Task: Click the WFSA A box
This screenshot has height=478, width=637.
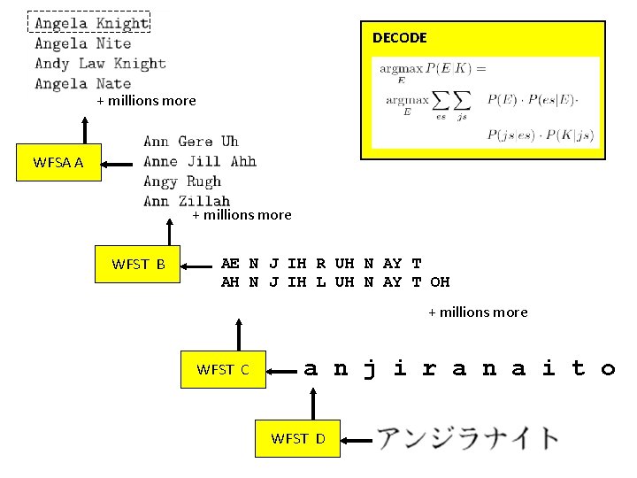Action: [58, 162]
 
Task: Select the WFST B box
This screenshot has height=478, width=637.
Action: [138, 264]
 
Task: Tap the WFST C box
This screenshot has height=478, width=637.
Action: [222, 370]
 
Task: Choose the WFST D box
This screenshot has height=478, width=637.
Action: [297, 438]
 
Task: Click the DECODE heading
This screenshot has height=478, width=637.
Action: [399, 38]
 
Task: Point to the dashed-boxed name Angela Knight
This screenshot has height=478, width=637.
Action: [90, 22]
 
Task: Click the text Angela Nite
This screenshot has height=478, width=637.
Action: [82, 43]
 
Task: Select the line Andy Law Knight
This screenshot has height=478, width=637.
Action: [100, 64]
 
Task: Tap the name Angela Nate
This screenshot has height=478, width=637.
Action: [82, 84]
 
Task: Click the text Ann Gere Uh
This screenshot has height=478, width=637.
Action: [190, 142]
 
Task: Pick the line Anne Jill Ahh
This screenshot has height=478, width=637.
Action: [199, 161]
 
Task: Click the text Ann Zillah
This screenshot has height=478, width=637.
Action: [186, 202]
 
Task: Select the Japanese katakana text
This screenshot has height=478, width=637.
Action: [468, 438]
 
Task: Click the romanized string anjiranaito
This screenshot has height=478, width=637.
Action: [458, 368]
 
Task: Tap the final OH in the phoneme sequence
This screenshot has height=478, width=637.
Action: [440, 282]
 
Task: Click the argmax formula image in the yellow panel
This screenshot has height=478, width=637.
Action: [486, 102]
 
